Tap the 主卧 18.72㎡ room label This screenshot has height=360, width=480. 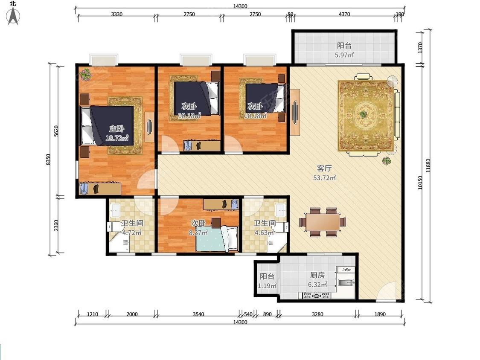pos(116,134)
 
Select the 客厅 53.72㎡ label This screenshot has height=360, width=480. pos(324,173)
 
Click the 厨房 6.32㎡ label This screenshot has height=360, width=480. pos(317,280)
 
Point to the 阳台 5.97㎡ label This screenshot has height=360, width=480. pos(344,50)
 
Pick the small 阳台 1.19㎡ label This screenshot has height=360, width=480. pos(267,281)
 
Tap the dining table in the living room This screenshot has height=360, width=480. pos(323,222)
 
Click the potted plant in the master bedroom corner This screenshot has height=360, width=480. pos(85,74)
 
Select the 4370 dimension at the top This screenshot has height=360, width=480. pos(344,14)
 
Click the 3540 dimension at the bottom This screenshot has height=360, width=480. pos(198,314)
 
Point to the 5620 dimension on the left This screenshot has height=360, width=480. pos(56,131)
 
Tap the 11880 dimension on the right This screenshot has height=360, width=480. pos(428,165)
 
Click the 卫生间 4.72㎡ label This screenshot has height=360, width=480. pos(132,228)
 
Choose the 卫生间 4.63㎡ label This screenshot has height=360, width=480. pos(265,228)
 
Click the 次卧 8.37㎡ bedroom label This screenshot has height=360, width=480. pos(198,228)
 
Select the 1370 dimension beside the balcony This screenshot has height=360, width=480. pos(420,47)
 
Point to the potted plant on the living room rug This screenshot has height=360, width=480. pos(363,114)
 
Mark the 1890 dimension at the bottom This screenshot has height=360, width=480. pos(380,314)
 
